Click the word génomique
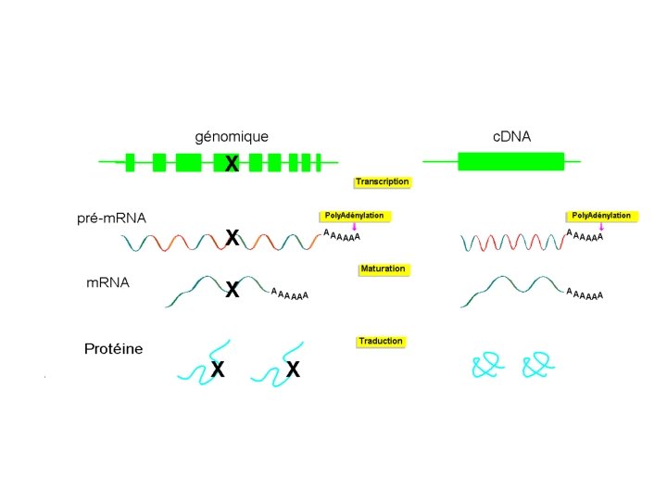(x=231, y=137)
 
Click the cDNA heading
(x=511, y=137)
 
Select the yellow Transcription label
(x=382, y=182)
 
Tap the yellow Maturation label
(x=383, y=269)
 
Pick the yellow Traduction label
(x=381, y=342)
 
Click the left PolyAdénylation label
(x=354, y=216)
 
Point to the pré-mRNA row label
(x=111, y=219)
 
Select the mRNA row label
(x=107, y=283)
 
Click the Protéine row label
(x=113, y=349)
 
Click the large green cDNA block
(x=510, y=161)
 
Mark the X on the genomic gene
(x=232, y=165)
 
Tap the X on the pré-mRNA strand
(x=232, y=239)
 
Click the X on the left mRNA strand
(x=232, y=290)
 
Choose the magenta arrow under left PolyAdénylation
(x=355, y=227)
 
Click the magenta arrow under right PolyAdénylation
(x=602, y=227)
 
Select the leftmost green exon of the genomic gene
(x=131, y=163)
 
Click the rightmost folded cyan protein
(x=538, y=367)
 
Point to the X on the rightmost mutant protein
(x=293, y=370)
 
